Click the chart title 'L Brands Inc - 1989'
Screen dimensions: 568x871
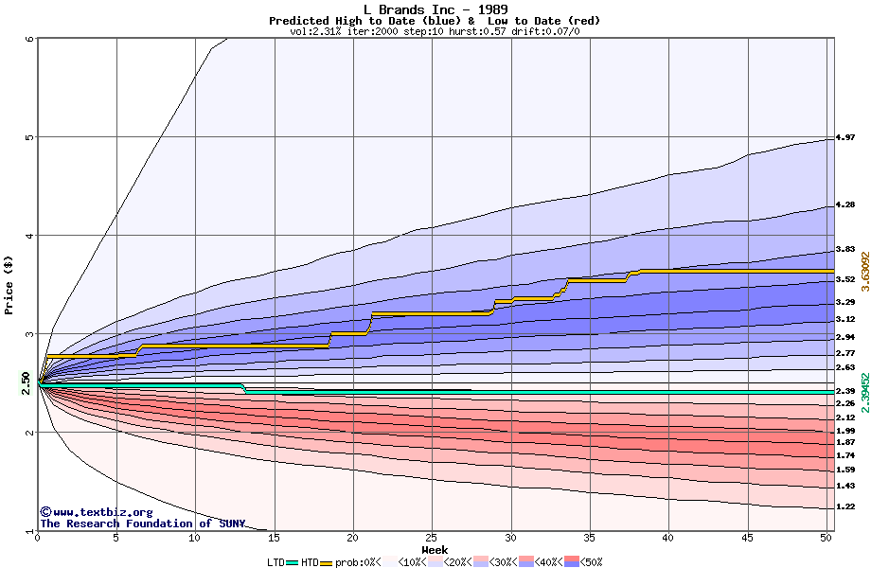point(435,9)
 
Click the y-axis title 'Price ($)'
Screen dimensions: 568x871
point(9,284)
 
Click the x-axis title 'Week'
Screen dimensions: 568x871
point(435,550)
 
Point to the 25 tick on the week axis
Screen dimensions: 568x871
point(432,539)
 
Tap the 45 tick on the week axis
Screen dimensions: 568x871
point(748,539)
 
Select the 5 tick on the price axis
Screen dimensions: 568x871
point(29,137)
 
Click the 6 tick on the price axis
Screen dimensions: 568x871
point(29,39)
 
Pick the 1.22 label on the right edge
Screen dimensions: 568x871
point(845,506)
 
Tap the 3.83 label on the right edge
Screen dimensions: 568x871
point(845,250)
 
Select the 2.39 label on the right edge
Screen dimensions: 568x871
point(845,391)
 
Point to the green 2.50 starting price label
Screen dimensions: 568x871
point(26,383)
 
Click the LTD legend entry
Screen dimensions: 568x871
point(276,562)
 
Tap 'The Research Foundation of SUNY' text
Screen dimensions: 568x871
point(142,524)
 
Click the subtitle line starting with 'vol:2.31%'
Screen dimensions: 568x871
point(435,31)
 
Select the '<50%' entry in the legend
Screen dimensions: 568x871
point(588,562)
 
